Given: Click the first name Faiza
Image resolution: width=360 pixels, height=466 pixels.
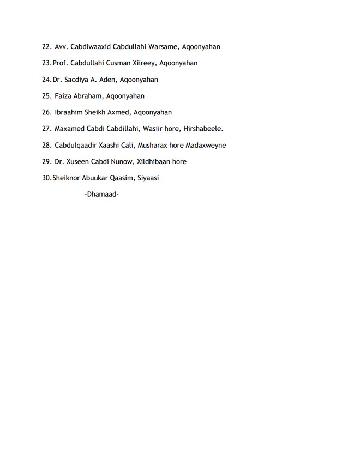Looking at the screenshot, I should pyautogui.click(x=64, y=96).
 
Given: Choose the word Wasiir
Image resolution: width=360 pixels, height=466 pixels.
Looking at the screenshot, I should pyautogui.click(x=153, y=129).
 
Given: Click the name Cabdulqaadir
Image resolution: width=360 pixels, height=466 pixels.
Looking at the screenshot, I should pyautogui.click(x=77, y=145).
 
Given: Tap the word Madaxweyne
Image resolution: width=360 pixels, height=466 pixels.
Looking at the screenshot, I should pyautogui.click(x=206, y=145).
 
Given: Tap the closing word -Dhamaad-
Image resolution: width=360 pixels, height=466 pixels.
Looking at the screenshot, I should pyautogui.click(x=102, y=194).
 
